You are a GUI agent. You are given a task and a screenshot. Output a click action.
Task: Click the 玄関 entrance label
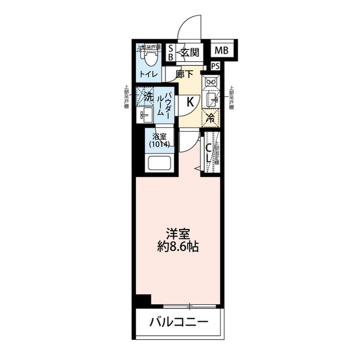(x=190, y=53)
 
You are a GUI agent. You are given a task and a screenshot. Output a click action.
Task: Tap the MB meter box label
(x=222, y=51)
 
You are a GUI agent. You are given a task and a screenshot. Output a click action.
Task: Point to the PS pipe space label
(x=215, y=66)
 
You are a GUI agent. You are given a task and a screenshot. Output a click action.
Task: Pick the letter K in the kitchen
(x=190, y=102)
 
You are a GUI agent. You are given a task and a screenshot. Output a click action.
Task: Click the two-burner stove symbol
(x=211, y=83)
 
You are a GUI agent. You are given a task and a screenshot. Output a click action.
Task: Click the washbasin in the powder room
(x=145, y=116)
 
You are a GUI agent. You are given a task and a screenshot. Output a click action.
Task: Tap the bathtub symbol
(x=160, y=164)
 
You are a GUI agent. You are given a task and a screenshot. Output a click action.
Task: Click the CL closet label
(x=207, y=153)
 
